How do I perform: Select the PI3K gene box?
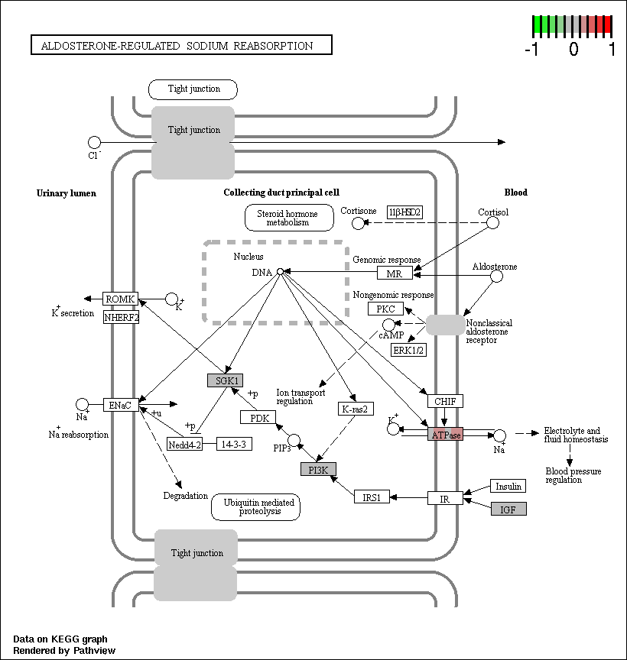point(318,469)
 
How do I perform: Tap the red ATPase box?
point(445,434)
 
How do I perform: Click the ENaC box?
point(121,405)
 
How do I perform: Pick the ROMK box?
point(121,299)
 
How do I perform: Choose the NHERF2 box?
point(122,317)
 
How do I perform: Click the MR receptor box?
point(395,273)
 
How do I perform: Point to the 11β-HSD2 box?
point(404,212)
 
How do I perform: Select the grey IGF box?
point(508,509)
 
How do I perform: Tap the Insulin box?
point(508,486)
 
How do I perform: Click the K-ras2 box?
point(356,408)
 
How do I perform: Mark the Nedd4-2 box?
point(184,444)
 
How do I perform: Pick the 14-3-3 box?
point(234,444)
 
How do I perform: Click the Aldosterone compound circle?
point(497,277)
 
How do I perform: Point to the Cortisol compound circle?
point(493,222)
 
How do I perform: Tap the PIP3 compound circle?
point(294,441)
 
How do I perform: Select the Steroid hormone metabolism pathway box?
point(289,218)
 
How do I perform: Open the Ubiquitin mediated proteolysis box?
point(256,506)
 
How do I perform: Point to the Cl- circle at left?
point(94,142)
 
